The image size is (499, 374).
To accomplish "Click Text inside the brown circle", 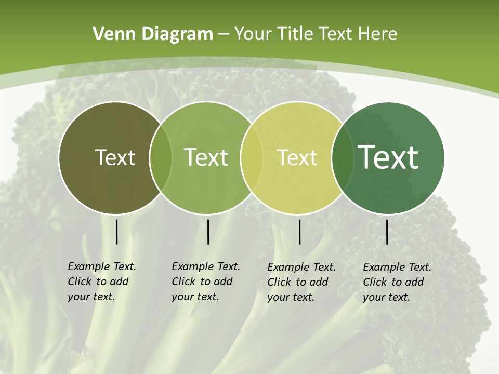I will click(x=115, y=157).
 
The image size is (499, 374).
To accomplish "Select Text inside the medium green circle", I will click(x=206, y=157).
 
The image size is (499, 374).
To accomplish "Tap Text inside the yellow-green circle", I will click(x=297, y=157).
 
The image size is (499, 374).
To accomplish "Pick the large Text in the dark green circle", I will click(x=388, y=157).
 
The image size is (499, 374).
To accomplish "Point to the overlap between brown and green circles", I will click(x=161, y=158).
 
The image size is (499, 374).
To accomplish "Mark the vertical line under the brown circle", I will click(x=116, y=232).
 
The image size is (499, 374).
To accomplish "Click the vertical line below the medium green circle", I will click(x=208, y=232).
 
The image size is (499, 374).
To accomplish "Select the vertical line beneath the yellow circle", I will click(x=299, y=232).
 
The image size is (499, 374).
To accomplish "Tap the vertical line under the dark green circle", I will click(x=387, y=232).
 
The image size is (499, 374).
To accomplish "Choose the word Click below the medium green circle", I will click(x=183, y=282).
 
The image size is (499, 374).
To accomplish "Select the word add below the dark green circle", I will click(x=414, y=282).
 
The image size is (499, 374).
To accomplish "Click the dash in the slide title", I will click(x=224, y=34).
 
